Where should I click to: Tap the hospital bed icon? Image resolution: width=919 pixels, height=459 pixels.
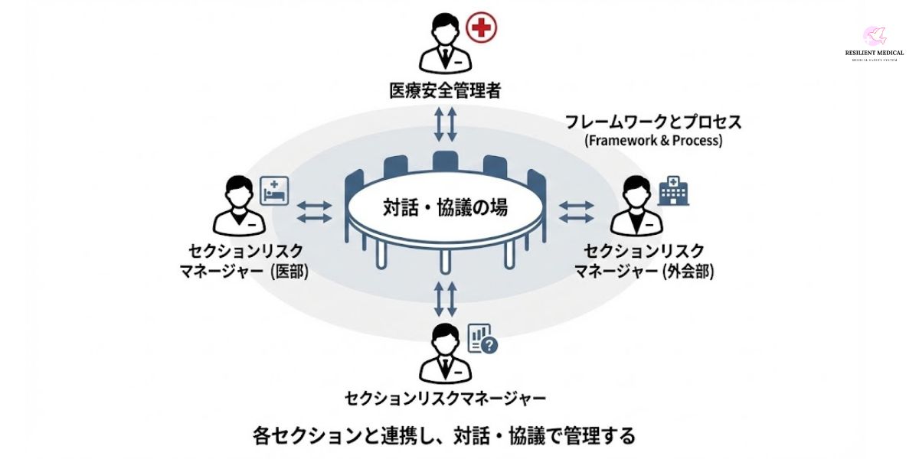(x=273, y=189)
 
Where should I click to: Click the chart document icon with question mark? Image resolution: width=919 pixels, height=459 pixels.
(x=482, y=339)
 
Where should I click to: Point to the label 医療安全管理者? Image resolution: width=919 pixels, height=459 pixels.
(x=444, y=91)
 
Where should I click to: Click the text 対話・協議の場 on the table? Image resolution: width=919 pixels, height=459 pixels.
(x=445, y=207)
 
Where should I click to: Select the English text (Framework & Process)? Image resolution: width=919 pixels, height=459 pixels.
(x=653, y=141)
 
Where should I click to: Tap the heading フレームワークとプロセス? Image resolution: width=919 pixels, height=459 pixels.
(x=653, y=122)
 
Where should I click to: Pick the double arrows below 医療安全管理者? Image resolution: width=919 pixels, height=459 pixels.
(x=445, y=124)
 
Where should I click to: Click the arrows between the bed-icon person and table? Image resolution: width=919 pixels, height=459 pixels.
(x=314, y=212)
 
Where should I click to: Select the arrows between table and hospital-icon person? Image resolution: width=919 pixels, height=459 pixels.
(x=576, y=212)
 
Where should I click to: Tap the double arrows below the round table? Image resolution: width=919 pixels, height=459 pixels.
(x=445, y=298)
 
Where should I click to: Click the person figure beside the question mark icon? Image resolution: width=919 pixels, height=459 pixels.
(x=442, y=353)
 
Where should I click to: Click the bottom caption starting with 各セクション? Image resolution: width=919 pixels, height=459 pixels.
(x=444, y=436)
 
